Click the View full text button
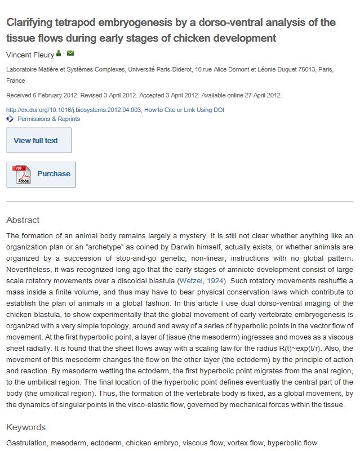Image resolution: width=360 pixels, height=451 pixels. (x=39, y=140)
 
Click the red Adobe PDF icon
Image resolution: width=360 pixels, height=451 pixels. (x=23, y=175)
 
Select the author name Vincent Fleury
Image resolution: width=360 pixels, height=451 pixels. (x=30, y=55)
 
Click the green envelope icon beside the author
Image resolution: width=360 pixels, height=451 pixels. (x=70, y=54)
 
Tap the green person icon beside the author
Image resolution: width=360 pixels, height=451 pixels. (x=59, y=54)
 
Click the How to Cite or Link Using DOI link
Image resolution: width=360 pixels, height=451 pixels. (x=184, y=110)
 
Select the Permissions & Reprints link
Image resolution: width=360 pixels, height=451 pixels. (x=48, y=119)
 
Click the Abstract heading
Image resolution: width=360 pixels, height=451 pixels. (x=23, y=220)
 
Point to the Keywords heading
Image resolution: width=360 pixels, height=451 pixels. (x=26, y=427)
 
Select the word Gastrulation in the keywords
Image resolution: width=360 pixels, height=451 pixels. (x=25, y=443)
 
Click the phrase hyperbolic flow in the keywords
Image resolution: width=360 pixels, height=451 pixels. (x=292, y=443)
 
